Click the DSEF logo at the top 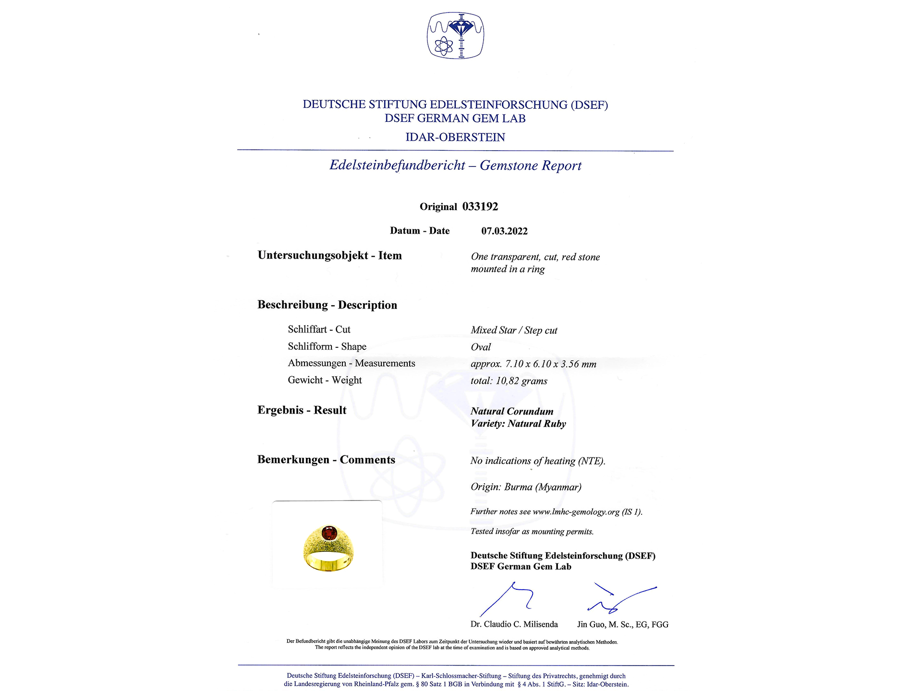coord(455,36)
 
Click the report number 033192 coord(480,207)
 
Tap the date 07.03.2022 coord(504,231)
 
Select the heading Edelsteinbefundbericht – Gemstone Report coord(455,166)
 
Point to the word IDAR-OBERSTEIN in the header coord(455,137)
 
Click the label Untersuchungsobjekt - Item coord(329,256)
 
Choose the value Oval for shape coord(481,347)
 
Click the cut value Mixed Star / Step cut coord(514,330)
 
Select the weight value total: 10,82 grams coord(509,381)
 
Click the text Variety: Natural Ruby coord(518,424)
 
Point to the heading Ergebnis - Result coord(302,410)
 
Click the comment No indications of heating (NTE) coord(538,461)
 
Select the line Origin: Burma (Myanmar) coord(526,487)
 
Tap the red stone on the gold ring coord(329,532)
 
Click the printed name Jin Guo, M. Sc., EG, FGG coord(622,625)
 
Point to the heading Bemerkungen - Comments coord(326,460)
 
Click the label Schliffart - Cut coord(319,330)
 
